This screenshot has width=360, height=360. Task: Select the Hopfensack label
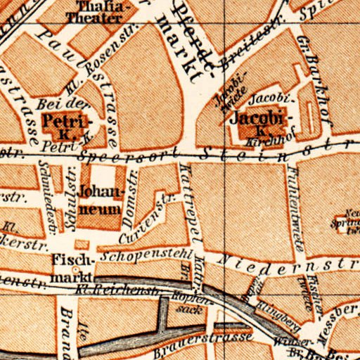(x=185, y=302)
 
